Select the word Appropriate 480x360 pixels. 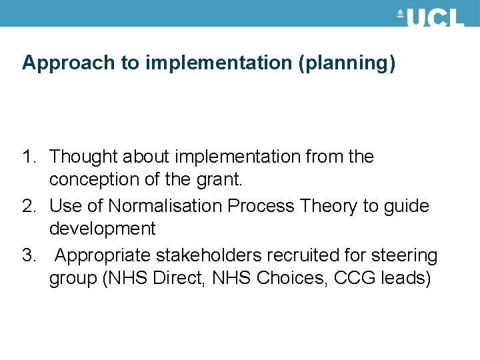tap(104, 256)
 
